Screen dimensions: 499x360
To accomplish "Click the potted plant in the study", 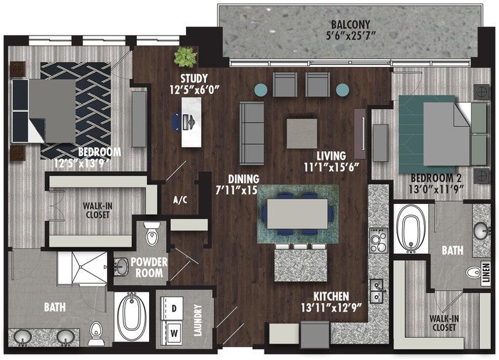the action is coord(185,57).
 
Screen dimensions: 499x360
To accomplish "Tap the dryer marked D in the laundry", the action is coord(173,308).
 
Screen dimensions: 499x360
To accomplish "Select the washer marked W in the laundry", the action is coord(173,333).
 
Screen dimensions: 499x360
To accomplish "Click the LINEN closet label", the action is coord(486,274).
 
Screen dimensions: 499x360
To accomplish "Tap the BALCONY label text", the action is coord(351,24).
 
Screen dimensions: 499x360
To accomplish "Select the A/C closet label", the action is coord(180,200).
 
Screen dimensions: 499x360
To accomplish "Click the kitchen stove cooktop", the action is coord(379,240).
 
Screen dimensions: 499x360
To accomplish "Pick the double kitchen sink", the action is coord(377,292).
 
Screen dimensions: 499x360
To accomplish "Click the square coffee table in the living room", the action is coord(302,134).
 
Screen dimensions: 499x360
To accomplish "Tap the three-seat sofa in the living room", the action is coord(252,133).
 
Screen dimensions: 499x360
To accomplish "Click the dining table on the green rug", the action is coord(297,214).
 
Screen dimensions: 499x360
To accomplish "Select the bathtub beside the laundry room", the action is coord(131,316).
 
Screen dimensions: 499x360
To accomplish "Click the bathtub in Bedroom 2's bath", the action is coord(411,229).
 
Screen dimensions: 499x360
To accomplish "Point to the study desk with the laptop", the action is coord(191,122).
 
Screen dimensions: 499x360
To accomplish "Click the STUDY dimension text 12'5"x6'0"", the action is coord(195,90).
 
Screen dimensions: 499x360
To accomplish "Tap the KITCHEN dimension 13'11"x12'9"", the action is coord(331,307).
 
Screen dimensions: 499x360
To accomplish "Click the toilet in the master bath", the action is coord(96,333).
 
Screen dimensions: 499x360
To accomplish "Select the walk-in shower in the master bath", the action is coord(83,268).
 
